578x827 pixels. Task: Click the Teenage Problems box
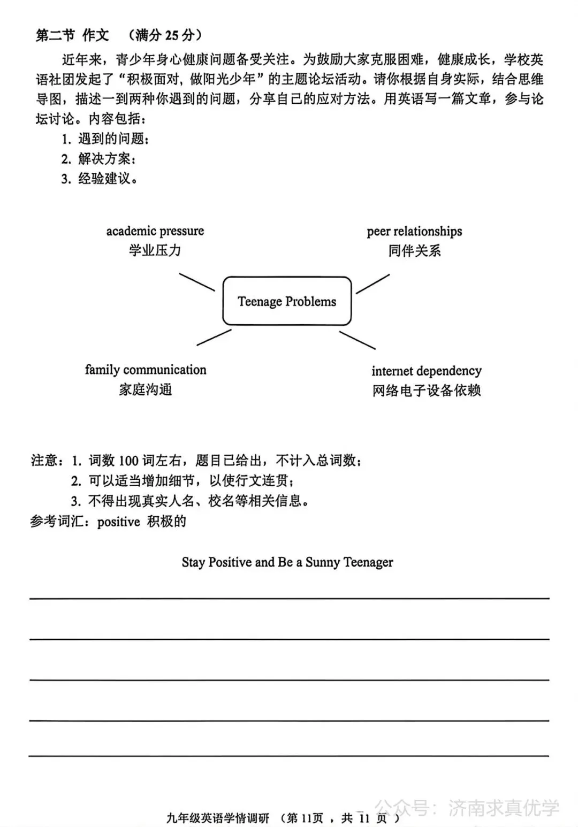pyautogui.click(x=287, y=301)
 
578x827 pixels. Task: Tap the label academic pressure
pyautogui.click(x=155, y=231)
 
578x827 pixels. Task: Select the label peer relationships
pyautogui.click(x=414, y=231)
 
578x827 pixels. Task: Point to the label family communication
pyautogui.click(x=145, y=370)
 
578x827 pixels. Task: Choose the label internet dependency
pyautogui.click(x=427, y=371)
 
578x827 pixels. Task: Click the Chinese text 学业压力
pyautogui.click(x=155, y=250)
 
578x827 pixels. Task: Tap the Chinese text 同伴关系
pyautogui.click(x=414, y=250)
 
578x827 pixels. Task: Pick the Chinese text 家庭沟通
pyautogui.click(x=145, y=389)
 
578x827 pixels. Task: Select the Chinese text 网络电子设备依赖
pyautogui.click(x=427, y=390)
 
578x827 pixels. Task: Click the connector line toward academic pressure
pyautogui.click(x=196, y=282)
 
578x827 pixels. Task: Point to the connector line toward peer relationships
pyautogui.click(x=373, y=284)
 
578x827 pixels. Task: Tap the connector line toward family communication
pyautogui.click(x=214, y=337)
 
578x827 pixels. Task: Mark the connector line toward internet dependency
pyautogui.click(x=357, y=340)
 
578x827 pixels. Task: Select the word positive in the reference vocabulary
pyautogui.click(x=118, y=522)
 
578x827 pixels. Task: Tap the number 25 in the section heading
pyautogui.click(x=171, y=36)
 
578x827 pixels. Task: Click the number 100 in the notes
pyautogui.click(x=128, y=461)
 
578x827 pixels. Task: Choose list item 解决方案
pyautogui.click(x=106, y=159)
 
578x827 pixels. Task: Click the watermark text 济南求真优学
pyautogui.click(x=504, y=808)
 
